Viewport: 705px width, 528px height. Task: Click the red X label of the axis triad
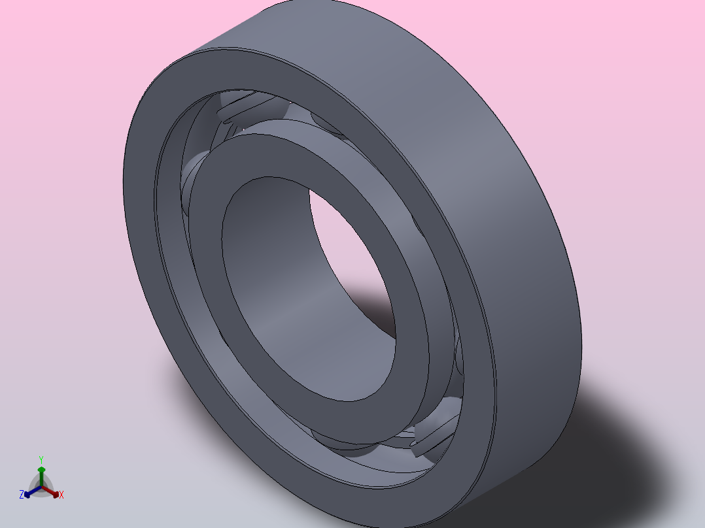[x=61, y=495]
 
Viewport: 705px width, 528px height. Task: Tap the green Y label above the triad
[x=41, y=459]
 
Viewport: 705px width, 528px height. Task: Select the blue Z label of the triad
[x=22, y=495]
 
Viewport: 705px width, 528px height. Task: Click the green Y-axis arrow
[x=41, y=472]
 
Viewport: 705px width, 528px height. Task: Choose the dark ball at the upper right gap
[x=327, y=124]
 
